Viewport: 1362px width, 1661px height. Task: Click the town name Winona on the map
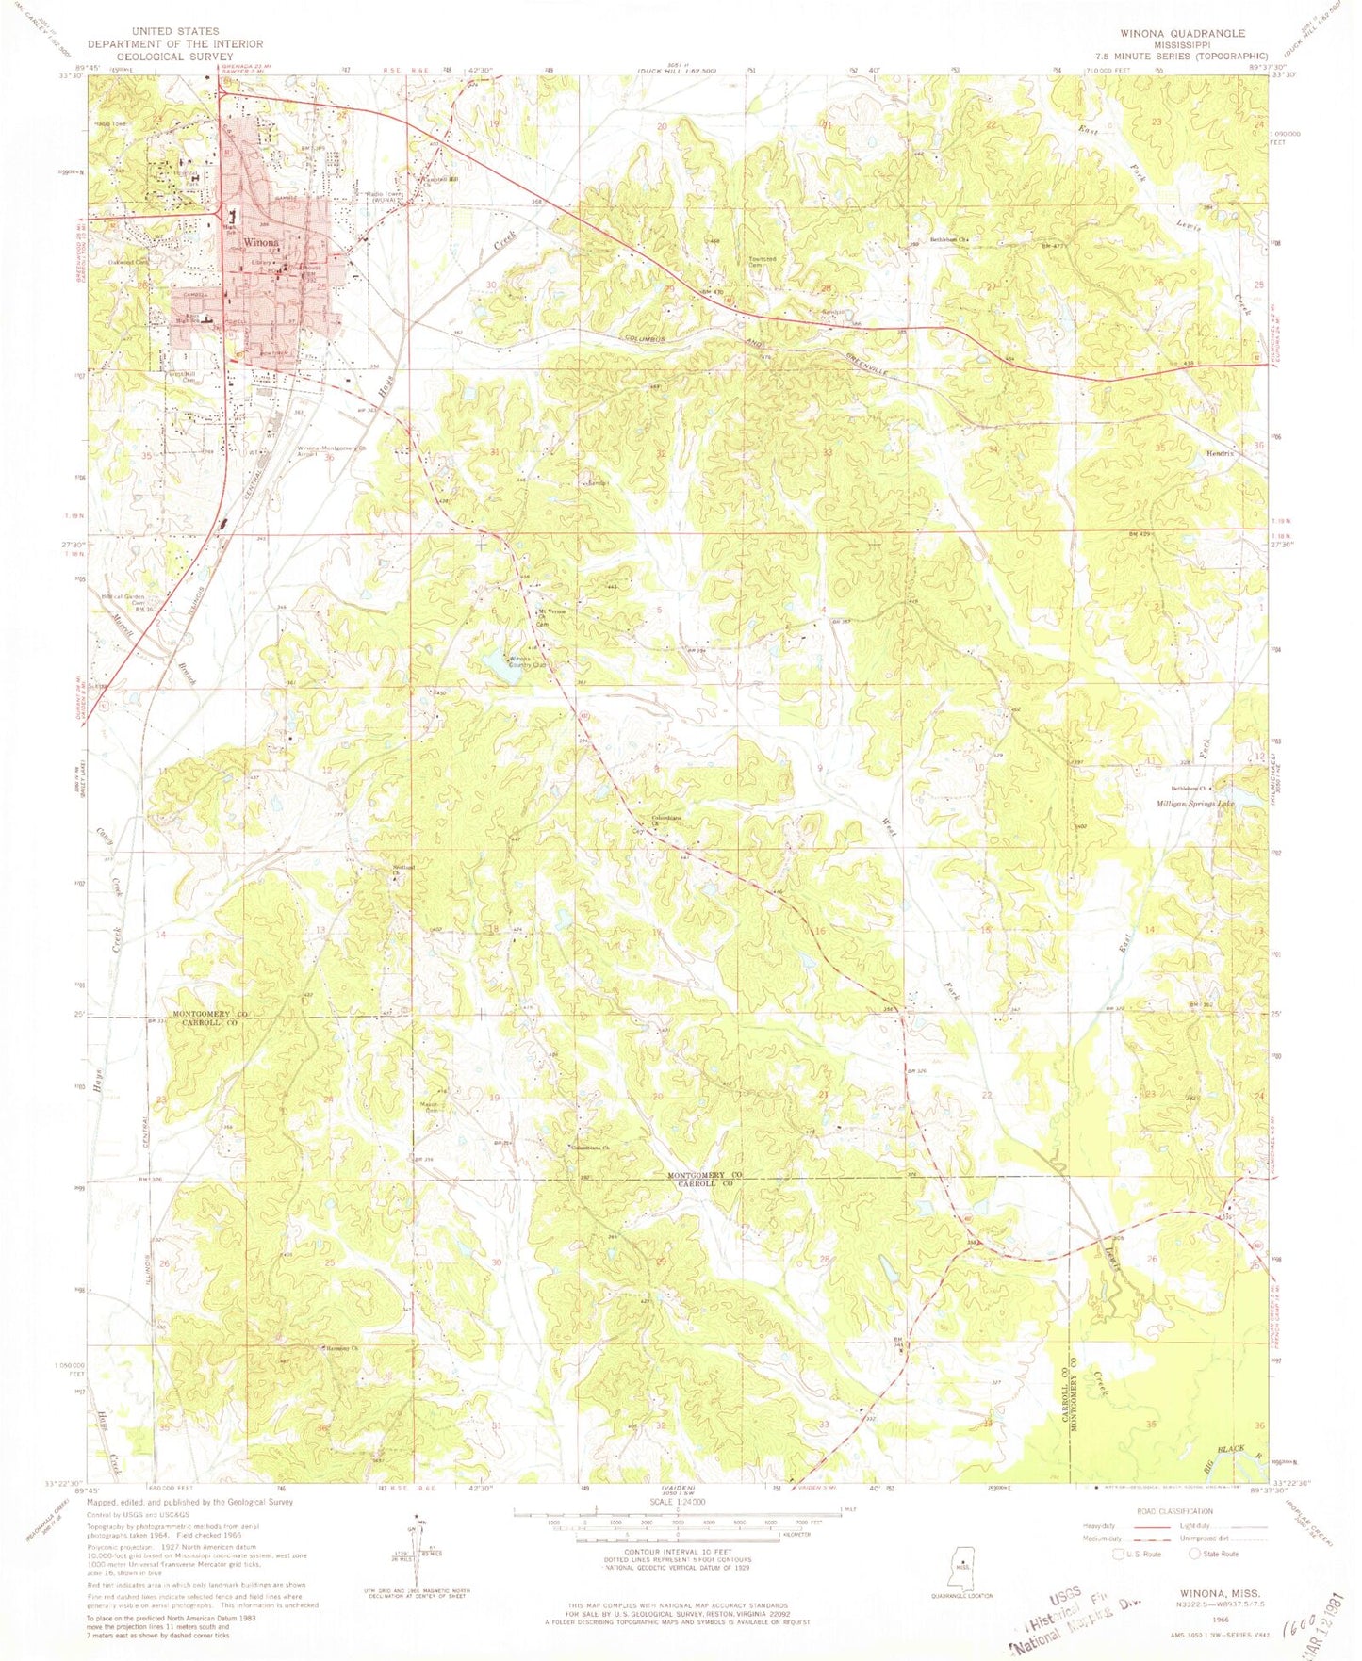pyautogui.click(x=261, y=241)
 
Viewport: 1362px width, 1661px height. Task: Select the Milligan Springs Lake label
pyautogui.click(x=1194, y=804)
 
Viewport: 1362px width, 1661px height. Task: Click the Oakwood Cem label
pyautogui.click(x=129, y=262)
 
